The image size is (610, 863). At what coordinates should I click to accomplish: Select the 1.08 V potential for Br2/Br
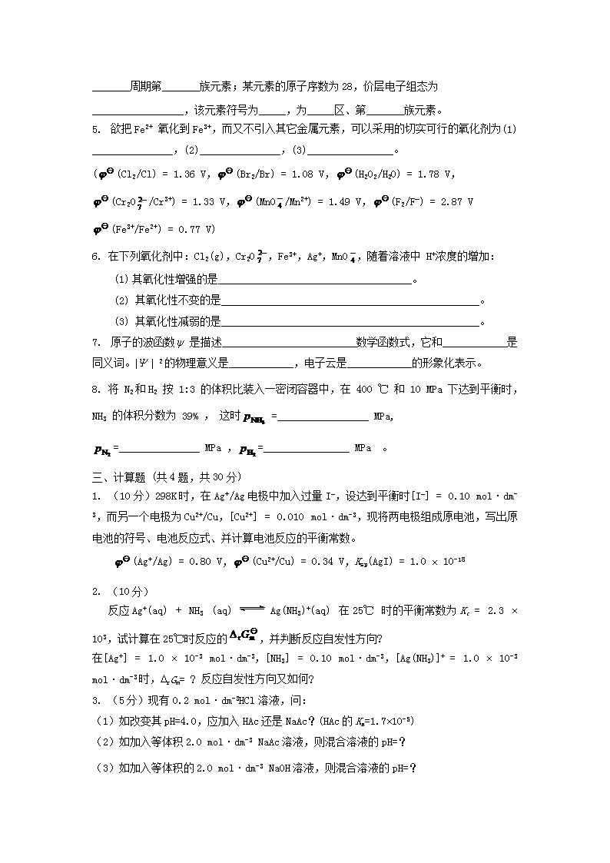click(x=307, y=174)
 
